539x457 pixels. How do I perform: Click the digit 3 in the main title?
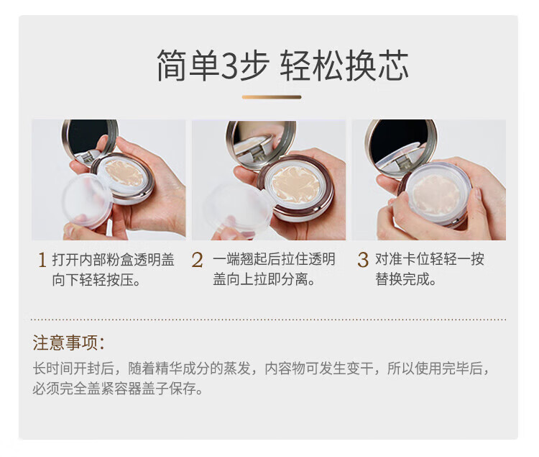pos(229,65)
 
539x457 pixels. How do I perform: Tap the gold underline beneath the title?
pos(272,97)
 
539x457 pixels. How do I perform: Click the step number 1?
pos(42,260)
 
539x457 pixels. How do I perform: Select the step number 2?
pos(197,260)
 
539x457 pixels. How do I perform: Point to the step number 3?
pos(363,260)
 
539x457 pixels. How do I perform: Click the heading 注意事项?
pos(68,343)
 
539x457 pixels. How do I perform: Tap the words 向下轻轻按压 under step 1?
pos(93,279)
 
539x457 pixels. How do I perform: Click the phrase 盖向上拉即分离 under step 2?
pos(260,279)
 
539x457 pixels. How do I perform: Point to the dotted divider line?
pos(268,320)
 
